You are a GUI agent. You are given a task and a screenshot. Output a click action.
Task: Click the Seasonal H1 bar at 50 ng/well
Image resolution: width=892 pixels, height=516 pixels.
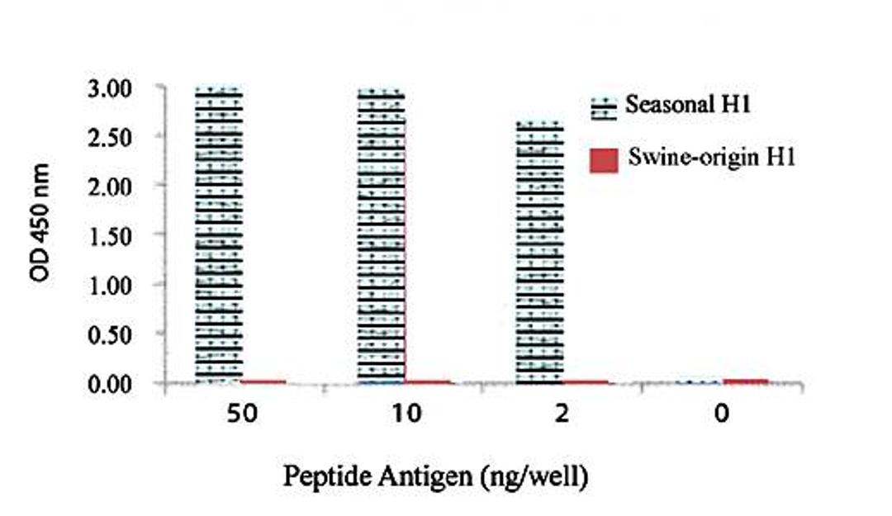click(219, 235)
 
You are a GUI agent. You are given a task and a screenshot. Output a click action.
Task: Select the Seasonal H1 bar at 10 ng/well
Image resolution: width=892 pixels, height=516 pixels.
click(381, 235)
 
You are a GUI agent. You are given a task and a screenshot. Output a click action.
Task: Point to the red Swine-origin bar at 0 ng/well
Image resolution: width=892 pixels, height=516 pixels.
click(745, 381)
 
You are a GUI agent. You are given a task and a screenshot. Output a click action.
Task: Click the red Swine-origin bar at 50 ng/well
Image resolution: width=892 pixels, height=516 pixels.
click(263, 381)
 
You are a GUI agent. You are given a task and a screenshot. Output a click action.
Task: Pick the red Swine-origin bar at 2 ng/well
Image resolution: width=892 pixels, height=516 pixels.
click(586, 381)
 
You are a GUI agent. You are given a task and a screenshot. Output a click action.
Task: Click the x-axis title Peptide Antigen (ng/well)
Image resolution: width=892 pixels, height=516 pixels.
click(435, 477)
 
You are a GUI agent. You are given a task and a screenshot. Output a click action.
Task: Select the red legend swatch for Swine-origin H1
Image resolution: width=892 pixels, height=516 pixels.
click(604, 161)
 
